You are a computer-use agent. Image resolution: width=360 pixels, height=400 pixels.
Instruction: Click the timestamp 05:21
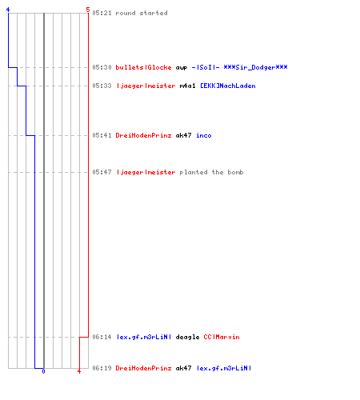[x=102, y=13]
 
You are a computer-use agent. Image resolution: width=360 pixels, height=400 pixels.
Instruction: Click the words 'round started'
[x=142, y=13]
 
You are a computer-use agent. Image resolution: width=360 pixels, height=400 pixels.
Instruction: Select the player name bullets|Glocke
[x=143, y=67]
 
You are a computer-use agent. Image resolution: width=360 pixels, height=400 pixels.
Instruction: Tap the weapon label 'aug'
[x=182, y=68]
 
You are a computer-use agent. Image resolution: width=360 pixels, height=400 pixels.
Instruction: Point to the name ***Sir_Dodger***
[x=255, y=67]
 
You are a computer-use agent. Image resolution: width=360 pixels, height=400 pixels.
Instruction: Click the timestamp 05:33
[x=102, y=86]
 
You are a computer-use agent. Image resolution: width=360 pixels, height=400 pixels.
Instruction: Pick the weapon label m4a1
[x=187, y=86]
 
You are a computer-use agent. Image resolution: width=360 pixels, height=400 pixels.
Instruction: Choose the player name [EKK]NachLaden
[x=228, y=86]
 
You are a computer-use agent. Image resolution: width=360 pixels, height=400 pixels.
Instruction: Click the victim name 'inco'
[x=204, y=135]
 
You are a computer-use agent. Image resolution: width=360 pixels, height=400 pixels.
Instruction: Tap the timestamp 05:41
[x=102, y=135]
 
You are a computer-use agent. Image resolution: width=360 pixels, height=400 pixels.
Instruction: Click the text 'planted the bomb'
[x=211, y=172]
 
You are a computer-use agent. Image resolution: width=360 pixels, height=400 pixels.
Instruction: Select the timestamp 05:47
[x=102, y=172]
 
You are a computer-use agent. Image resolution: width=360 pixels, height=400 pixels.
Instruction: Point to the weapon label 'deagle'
[x=187, y=338]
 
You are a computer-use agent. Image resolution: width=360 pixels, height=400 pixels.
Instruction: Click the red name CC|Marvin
[x=222, y=337]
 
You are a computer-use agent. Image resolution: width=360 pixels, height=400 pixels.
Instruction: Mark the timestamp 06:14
[x=102, y=337]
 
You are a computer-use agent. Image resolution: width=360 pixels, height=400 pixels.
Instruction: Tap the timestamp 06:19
[x=102, y=368]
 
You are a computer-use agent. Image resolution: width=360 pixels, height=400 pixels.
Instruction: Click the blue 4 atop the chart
[x=8, y=10]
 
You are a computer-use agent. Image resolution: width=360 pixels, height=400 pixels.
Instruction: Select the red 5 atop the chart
[x=88, y=10]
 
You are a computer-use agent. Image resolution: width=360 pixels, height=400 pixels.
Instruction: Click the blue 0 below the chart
[x=43, y=371]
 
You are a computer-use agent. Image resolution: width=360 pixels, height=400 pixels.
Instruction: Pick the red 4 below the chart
[x=79, y=371]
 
